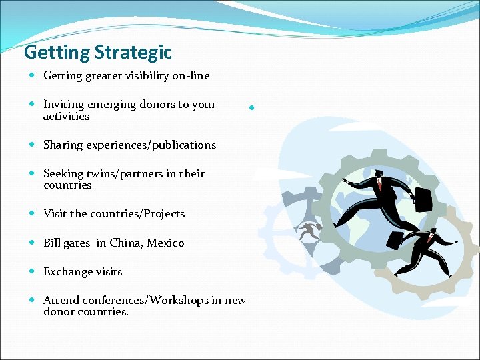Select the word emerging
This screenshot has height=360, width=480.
(x=113, y=105)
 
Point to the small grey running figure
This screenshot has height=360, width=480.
(x=309, y=231)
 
